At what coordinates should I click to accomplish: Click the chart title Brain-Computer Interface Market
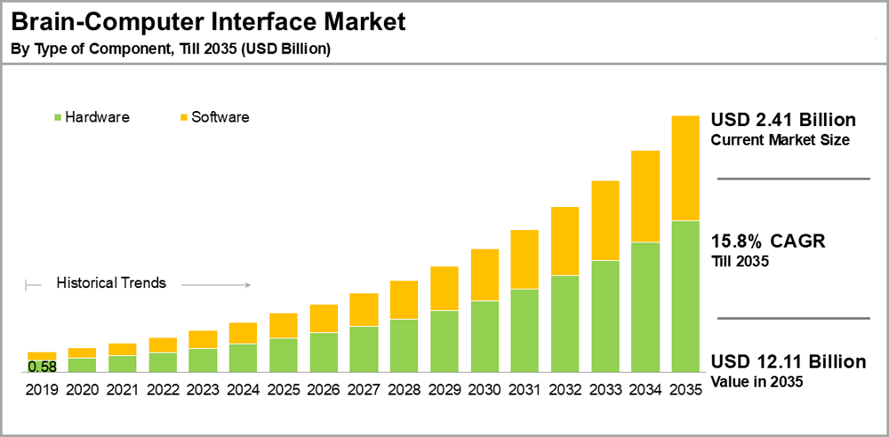pyautogui.click(x=208, y=21)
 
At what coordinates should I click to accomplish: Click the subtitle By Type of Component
pyautogui.click(x=170, y=49)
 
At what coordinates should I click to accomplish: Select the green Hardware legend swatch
pyautogui.click(x=59, y=117)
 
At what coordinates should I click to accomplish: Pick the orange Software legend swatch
pyautogui.click(x=185, y=117)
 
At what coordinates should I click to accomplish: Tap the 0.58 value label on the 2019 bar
pyautogui.click(x=42, y=366)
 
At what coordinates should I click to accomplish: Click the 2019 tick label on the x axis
pyautogui.click(x=42, y=389)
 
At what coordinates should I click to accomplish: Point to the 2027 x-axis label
pyautogui.click(x=364, y=389)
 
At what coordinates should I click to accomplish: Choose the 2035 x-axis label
pyautogui.click(x=685, y=389)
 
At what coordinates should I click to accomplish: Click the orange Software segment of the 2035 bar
pyautogui.click(x=685, y=168)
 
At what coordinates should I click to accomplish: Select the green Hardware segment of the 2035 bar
pyautogui.click(x=685, y=297)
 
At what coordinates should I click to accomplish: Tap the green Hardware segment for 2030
pyautogui.click(x=484, y=337)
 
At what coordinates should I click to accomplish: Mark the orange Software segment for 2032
pyautogui.click(x=565, y=241)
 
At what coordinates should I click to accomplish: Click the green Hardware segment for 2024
pyautogui.click(x=243, y=358)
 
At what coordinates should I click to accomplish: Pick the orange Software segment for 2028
pyautogui.click(x=404, y=299)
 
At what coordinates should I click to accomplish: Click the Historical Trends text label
pyautogui.click(x=111, y=283)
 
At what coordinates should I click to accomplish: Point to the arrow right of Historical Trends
pyautogui.click(x=217, y=285)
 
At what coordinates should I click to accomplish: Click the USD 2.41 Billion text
pyautogui.click(x=783, y=120)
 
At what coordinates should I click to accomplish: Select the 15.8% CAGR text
pyautogui.click(x=768, y=242)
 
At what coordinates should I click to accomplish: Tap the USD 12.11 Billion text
pyautogui.click(x=788, y=362)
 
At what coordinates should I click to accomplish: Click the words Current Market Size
pyautogui.click(x=781, y=140)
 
